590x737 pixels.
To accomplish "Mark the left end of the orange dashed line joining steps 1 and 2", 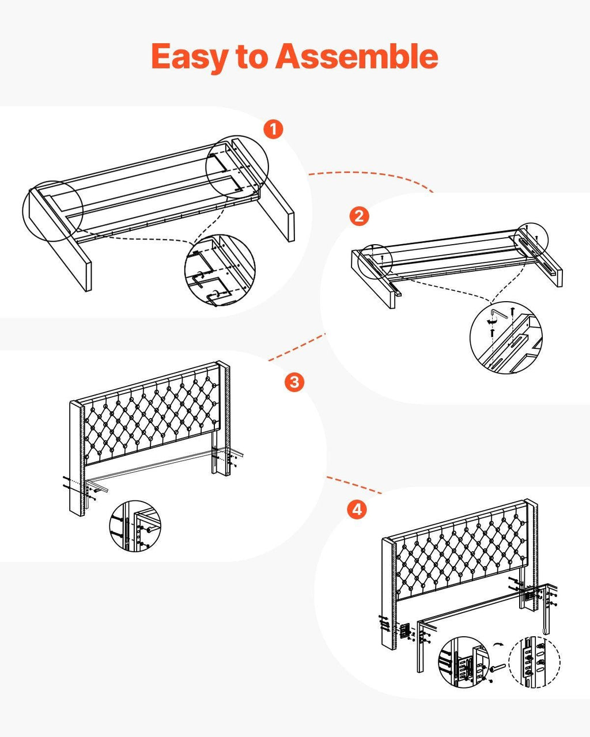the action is tap(309, 174).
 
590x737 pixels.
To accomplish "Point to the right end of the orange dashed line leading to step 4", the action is tap(381, 493).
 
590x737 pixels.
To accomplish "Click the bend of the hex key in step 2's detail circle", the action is tap(491, 310).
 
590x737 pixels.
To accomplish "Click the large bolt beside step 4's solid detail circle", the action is tap(498, 667).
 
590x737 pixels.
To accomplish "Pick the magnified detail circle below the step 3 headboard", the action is tap(135, 526).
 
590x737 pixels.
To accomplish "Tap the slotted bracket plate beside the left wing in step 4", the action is tap(405, 630).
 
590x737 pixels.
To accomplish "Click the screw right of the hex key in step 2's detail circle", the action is tap(512, 311).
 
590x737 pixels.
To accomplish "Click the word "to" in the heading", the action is tap(252, 56).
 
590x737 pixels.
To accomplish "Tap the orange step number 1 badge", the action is tap(273, 130).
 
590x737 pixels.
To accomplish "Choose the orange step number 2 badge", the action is tap(359, 216).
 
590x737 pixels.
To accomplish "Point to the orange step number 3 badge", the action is tap(294, 382).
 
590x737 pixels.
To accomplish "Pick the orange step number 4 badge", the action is tap(357, 509).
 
